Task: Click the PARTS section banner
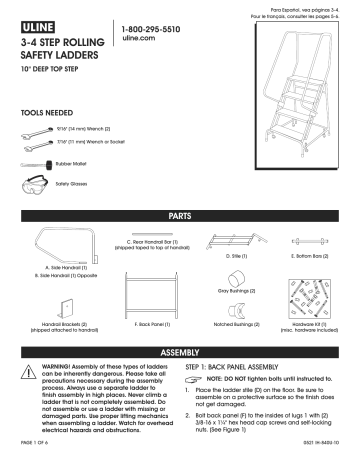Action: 180,216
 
